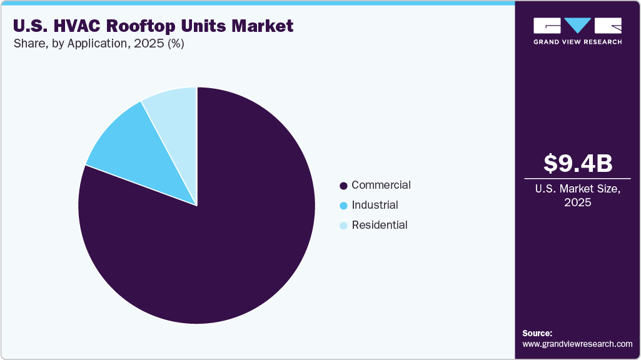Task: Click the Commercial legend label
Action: tap(381, 186)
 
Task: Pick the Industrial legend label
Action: tap(375, 205)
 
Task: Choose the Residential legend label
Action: tap(380, 225)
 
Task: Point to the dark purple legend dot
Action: tap(343, 186)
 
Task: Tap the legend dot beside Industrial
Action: tap(343, 206)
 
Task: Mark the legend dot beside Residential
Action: tap(343, 226)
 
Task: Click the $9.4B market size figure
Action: tap(577, 164)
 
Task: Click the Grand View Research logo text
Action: tap(577, 42)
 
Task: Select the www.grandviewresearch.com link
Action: tap(577, 344)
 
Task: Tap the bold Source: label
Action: tap(537, 333)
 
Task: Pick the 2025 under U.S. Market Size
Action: tap(577, 202)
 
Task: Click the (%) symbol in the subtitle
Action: tap(173, 44)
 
